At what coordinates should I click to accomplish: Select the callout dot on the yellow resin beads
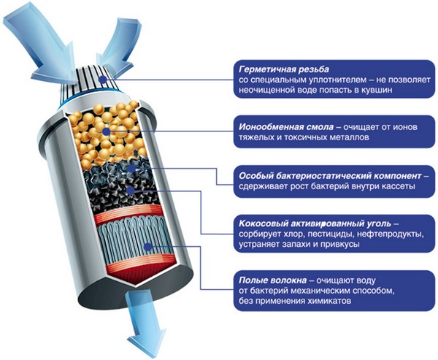tap(107, 130)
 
